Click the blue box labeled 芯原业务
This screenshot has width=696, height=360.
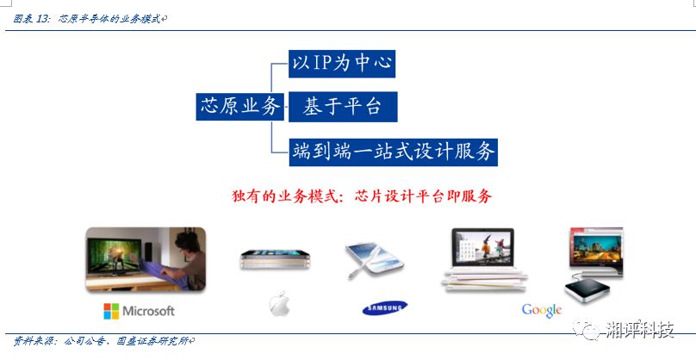tap(239, 107)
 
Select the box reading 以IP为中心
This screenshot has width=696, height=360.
tap(342, 64)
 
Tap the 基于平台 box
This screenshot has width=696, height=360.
tap(343, 107)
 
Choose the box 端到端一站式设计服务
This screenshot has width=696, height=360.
tap(394, 152)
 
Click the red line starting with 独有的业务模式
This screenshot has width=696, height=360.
tap(362, 196)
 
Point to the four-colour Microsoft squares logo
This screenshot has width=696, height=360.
tap(111, 311)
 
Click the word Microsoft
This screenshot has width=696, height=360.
tap(148, 311)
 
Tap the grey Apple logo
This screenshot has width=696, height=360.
tap(280, 304)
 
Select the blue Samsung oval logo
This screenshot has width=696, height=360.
tap(385, 307)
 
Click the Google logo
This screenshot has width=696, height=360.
tap(542, 310)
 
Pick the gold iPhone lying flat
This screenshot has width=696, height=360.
tap(275, 260)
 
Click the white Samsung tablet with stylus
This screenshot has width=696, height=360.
tap(374, 261)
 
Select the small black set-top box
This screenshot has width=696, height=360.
tap(587, 289)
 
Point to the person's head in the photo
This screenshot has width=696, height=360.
tap(188, 241)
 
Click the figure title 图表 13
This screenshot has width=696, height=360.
tap(32, 19)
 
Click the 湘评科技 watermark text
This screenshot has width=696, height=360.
tap(640, 330)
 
